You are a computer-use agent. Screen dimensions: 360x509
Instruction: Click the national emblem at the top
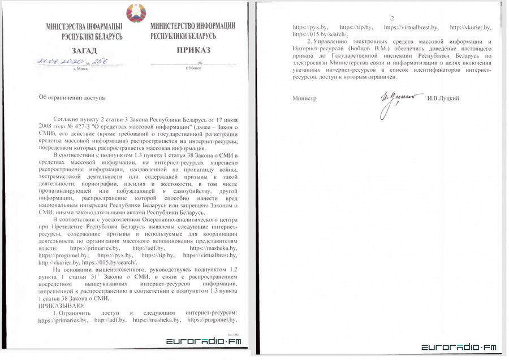[x=136, y=13]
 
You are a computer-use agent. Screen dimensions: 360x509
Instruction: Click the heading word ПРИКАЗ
[x=192, y=50]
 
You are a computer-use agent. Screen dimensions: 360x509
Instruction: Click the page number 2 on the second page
[x=391, y=19]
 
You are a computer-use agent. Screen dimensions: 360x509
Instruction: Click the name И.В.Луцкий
[x=444, y=99]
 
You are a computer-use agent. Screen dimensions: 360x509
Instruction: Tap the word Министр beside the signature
[x=304, y=99]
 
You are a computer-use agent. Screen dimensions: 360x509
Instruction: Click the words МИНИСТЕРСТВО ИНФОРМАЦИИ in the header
[x=193, y=27]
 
